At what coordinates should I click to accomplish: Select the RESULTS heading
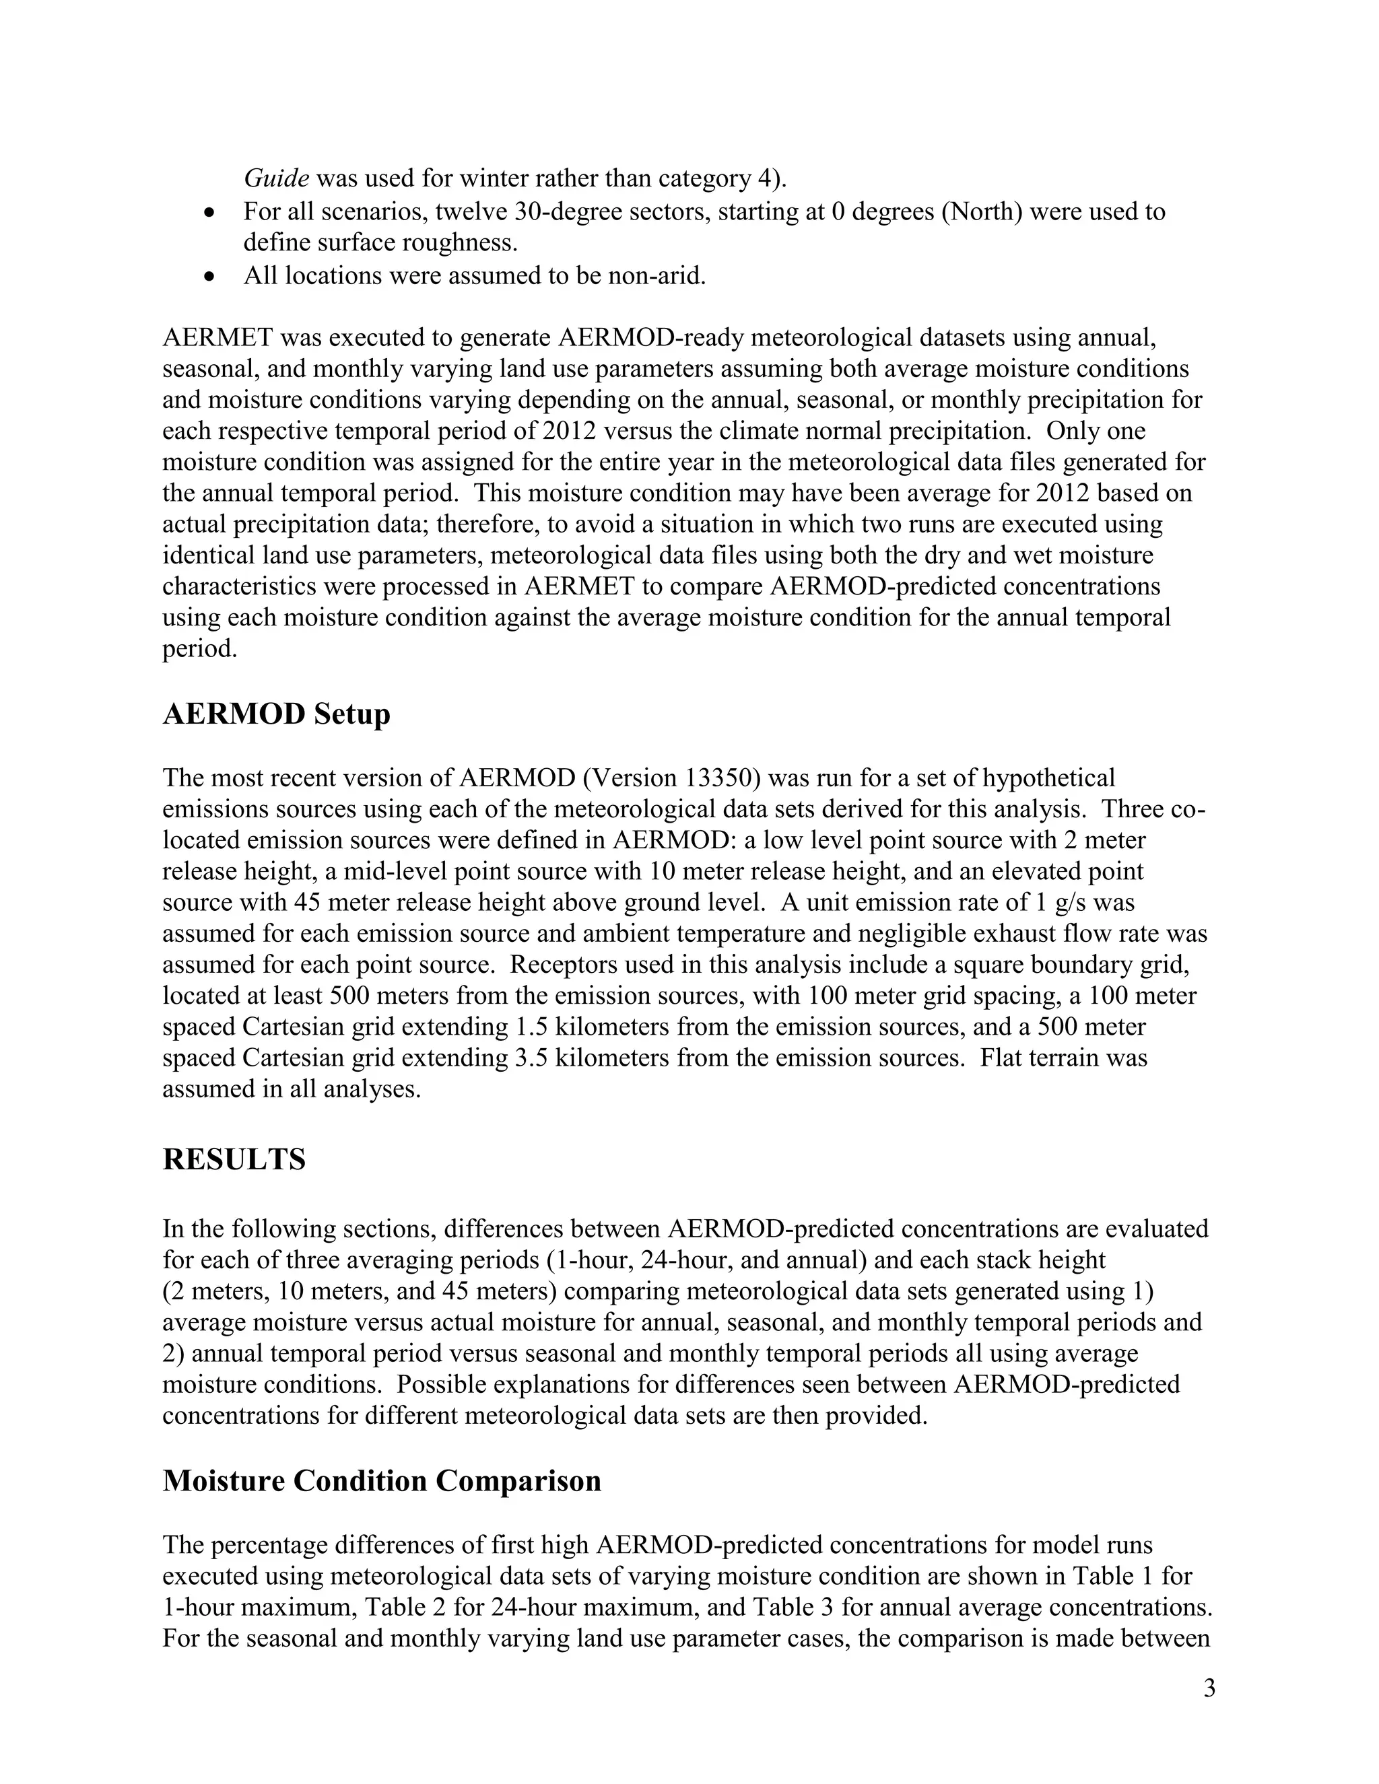click(x=234, y=1159)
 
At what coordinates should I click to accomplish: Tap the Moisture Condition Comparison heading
click(x=382, y=1481)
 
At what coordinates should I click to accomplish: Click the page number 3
click(x=1209, y=1688)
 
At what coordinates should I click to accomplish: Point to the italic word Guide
click(x=276, y=178)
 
